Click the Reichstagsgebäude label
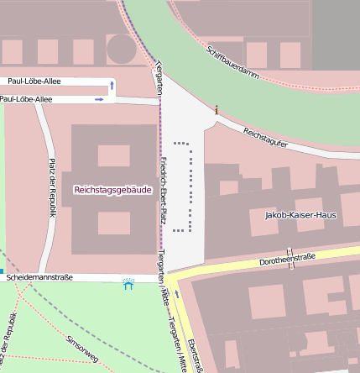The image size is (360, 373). click(112, 190)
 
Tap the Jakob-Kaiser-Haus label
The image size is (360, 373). click(300, 215)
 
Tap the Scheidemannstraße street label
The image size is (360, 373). click(39, 276)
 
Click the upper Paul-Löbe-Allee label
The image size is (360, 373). click(35, 81)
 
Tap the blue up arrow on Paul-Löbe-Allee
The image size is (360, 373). click(112, 86)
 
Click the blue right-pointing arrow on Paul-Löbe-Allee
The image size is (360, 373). click(99, 99)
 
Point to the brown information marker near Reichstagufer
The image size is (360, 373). click(216, 109)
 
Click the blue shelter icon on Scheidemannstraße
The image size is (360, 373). click(128, 285)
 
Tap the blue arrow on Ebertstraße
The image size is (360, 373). click(177, 294)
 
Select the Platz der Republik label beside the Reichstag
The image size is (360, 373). click(52, 187)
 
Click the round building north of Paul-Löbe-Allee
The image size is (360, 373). click(120, 50)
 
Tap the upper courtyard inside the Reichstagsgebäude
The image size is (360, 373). click(113, 155)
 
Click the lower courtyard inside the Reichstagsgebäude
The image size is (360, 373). click(113, 223)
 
